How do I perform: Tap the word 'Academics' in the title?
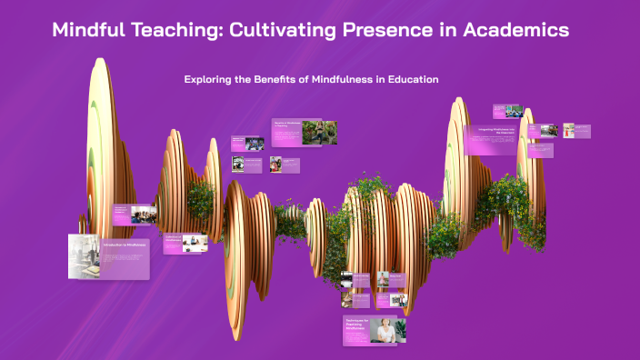click(x=516, y=30)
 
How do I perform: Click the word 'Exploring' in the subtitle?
click(x=210, y=80)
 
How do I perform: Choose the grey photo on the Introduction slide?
click(x=85, y=255)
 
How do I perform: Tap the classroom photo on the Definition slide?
click(x=143, y=215)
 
